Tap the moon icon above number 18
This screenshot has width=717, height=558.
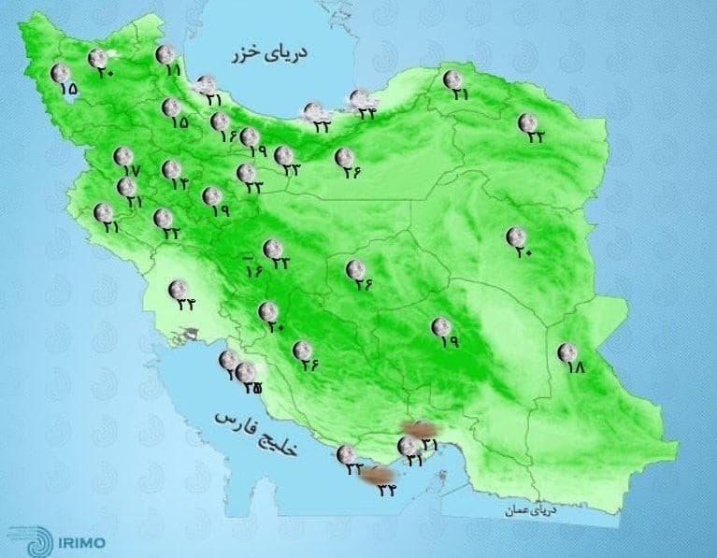tap(566, 351)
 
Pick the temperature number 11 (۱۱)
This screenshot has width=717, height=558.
tap(172, 70)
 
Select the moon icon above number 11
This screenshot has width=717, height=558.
tap(165, 54)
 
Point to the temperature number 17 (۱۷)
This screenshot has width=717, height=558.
tap(129, 172)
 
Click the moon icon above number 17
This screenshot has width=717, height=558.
tap(122, 155)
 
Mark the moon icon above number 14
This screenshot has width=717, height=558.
tap(171, 169)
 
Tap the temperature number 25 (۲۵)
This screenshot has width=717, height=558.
tap(251, 388)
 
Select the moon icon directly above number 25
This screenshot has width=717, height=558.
tap(245, 372)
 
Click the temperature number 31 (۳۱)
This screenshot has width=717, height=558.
tap(430, 442)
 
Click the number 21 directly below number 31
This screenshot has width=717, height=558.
tap(415, 461)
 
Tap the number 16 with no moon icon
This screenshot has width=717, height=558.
tap(252, 271)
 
